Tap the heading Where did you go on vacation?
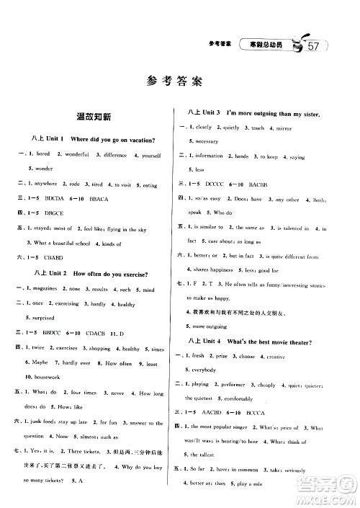click(x=114, y=139)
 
